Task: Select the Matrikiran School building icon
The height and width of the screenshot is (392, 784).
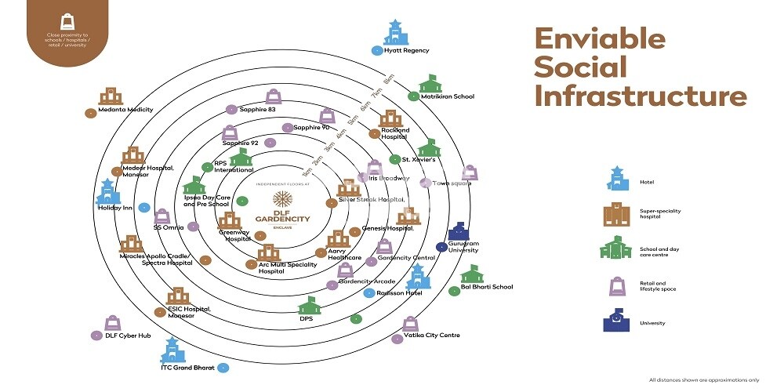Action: point(430,83)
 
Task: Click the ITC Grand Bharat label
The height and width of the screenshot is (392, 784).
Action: point(187,367)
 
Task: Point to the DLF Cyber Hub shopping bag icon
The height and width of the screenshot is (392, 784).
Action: point(113,322)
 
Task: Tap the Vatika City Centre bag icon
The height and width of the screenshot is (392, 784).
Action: point(410,324)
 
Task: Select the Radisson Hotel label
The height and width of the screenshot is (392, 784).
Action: point(400,292)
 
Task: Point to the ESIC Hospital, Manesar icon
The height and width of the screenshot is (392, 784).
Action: point(178,296)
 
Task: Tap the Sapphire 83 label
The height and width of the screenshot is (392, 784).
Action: point(257,110)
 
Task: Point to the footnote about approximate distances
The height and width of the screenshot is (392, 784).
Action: point(703,380)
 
